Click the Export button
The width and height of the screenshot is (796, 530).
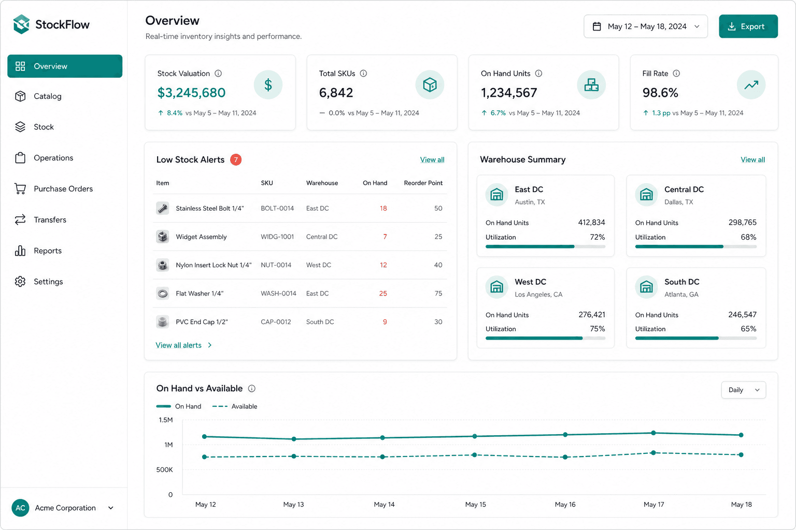[x=748, y=26]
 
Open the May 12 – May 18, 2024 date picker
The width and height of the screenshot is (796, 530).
[x=645, y=26]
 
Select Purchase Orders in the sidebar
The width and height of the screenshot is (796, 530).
[x=63, y=188]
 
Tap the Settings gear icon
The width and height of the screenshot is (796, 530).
[x=20, y=282]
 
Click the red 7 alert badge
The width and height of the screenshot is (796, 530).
[x=236, y=160]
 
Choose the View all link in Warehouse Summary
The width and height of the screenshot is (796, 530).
[x=752, y=160]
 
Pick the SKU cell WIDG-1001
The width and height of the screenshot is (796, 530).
[x=277, y=237]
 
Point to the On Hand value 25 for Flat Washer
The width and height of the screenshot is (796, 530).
[x=383, y=293]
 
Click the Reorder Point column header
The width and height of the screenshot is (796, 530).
[x=423, y=183]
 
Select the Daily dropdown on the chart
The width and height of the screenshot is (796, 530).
[x=744, y=390]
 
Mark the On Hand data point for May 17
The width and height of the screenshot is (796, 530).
[x=653, y=433]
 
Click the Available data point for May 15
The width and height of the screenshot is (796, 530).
[x=474, y=455]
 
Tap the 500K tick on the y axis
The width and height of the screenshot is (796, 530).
[x=164, y=469]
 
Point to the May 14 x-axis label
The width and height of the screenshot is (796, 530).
[x=384, y=505]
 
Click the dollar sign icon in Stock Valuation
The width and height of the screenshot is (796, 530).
[x=268, y=85]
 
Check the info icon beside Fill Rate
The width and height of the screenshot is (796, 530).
[x=676, y=73]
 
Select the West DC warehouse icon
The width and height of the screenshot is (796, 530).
[x=496, y=287]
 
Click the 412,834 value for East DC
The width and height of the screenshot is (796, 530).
[x=591, y=223]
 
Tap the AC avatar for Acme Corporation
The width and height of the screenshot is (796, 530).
[x=20, y=508]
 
